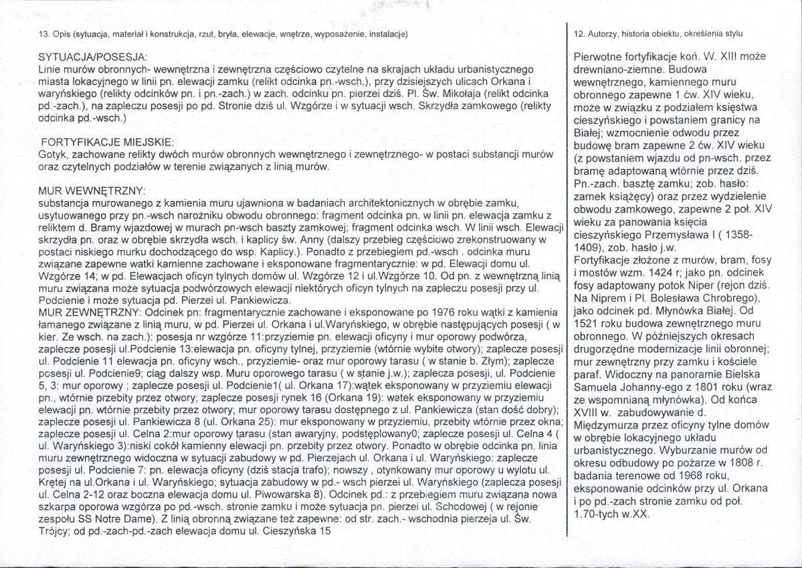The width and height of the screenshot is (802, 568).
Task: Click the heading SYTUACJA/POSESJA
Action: [x=92, y=55]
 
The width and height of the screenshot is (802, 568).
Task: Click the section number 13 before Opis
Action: [x=44, y=33]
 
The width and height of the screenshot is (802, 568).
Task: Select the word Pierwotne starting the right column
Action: [x=600, y=59]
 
